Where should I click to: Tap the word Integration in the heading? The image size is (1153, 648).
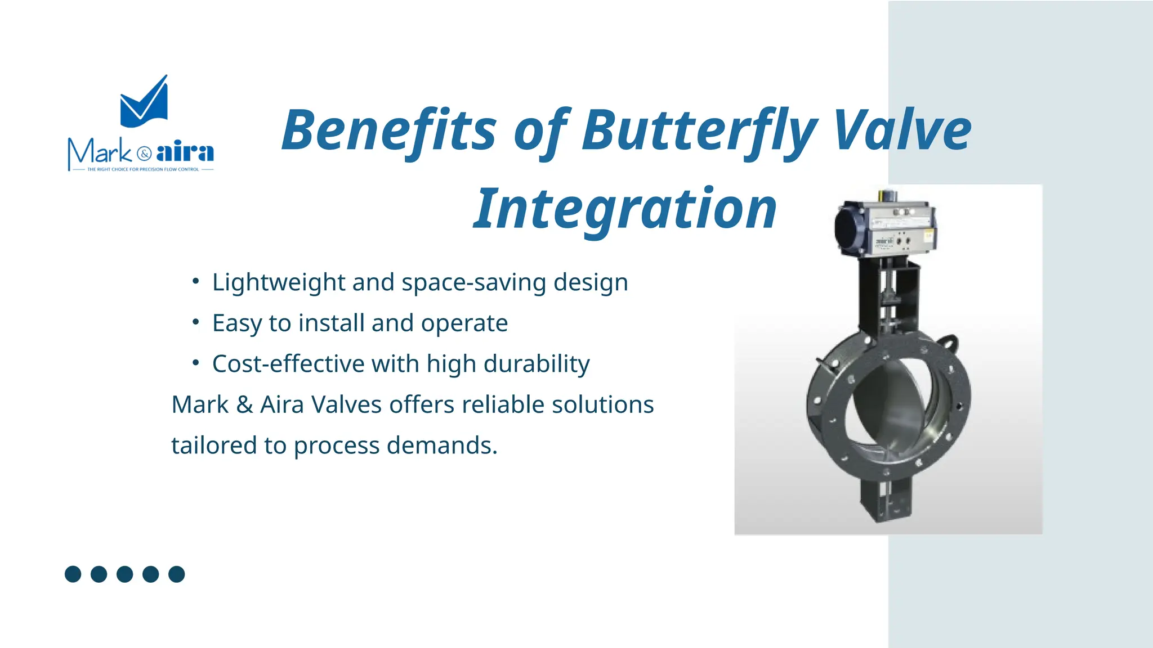[x=625, y=209]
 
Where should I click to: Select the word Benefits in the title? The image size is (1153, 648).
[x=388, y=130]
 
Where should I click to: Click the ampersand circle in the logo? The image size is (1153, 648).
[x=144, y=154]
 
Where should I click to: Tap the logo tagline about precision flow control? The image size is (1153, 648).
[x=143, y=169]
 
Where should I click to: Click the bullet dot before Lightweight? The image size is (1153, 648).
[x=195, y=281]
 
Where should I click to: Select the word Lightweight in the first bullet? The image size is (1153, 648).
[x=278, y=282]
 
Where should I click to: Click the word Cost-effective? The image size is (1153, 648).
[x=288, y=363]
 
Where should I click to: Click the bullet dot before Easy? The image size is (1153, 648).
[x=195, y=322]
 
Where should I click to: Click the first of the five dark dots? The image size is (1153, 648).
[x=73, y=574]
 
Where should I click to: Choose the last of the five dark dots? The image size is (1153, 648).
[x=177, y=574]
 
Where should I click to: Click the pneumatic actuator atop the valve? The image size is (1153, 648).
[x=887, y=228]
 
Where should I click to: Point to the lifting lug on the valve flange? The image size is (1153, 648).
[x=949, y=342]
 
